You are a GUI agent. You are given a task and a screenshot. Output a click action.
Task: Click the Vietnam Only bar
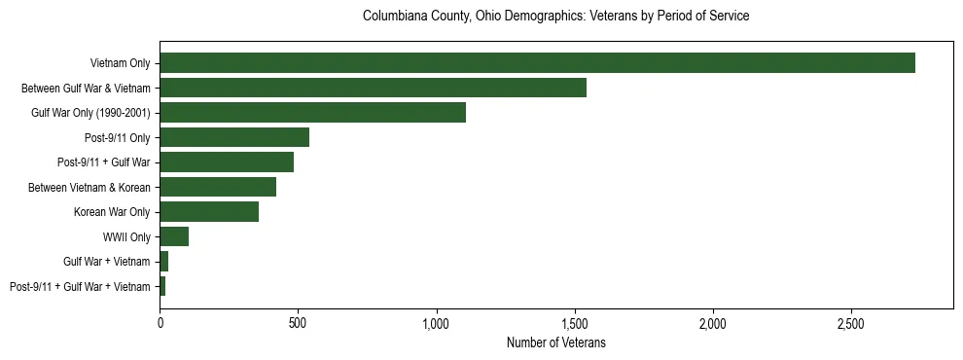[537, 63]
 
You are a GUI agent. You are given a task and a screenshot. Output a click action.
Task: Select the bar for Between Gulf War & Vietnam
[373, 88]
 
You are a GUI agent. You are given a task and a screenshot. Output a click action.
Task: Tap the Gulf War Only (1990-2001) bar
[312, 113]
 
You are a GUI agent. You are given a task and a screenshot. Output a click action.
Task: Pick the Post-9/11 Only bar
[234, 137]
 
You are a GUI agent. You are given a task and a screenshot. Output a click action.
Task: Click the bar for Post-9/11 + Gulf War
[227, 162]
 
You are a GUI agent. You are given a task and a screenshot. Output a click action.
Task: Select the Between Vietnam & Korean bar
[218, 187]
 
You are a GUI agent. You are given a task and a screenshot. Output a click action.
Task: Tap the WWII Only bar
[174, 236]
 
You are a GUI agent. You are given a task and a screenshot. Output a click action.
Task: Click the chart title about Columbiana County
[555, 17]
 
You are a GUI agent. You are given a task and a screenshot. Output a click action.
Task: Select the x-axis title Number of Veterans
[555, 342]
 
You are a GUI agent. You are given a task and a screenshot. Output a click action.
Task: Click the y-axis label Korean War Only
[112, 212]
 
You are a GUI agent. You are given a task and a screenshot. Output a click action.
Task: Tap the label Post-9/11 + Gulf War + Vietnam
[80, 287]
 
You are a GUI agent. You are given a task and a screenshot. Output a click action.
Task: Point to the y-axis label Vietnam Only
[120, 63]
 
